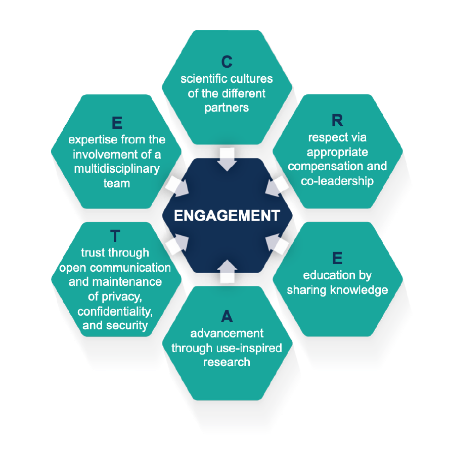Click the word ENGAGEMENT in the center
227,216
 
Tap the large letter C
227,62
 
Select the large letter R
337,121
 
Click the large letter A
227,317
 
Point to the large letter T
115,236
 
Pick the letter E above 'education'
337,259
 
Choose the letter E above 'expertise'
116,123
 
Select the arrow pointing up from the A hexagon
227,271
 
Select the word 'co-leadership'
337,180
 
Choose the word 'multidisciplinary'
116,168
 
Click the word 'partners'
227,108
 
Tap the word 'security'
129,325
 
